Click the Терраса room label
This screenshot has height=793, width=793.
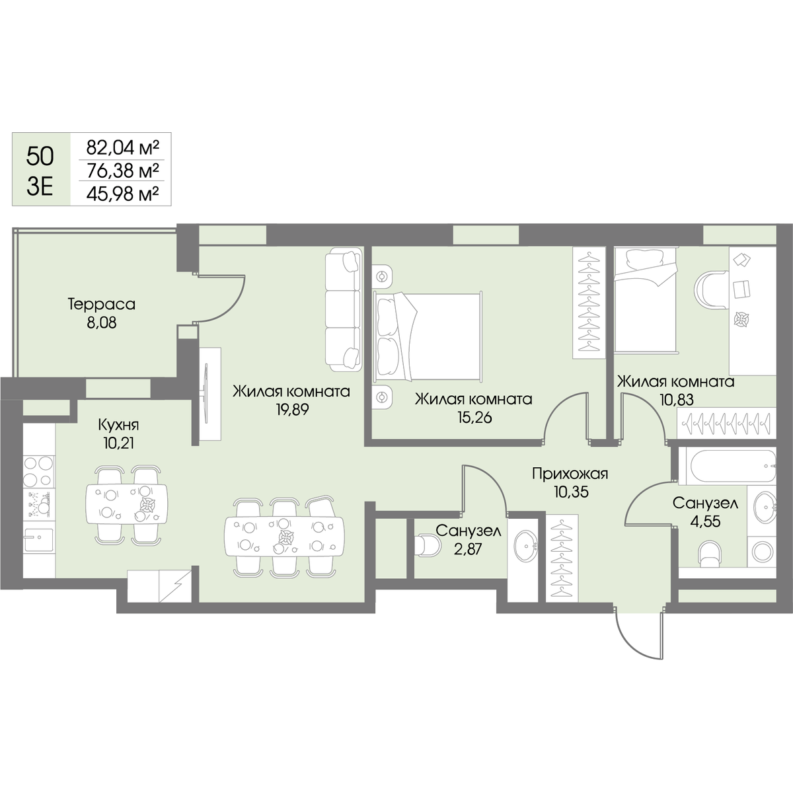tap(102, 305)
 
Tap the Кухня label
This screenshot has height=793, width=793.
tap(118, 424)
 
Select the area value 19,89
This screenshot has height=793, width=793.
tap(292, 410)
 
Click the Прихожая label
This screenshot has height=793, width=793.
tap(570, 474)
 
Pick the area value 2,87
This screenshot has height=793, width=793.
tap(467, 549)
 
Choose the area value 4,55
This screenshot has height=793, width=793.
tap(705, 521)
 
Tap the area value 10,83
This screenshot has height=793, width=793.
tap(677, 400)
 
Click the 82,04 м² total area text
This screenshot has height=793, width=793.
tap(123, 147)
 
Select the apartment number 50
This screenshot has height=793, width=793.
tap(40, 157)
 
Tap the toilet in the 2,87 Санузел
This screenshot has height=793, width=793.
tap(429, 545)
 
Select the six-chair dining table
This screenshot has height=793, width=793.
tap(284, 536)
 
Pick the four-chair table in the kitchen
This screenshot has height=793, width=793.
tap(127, 504)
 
